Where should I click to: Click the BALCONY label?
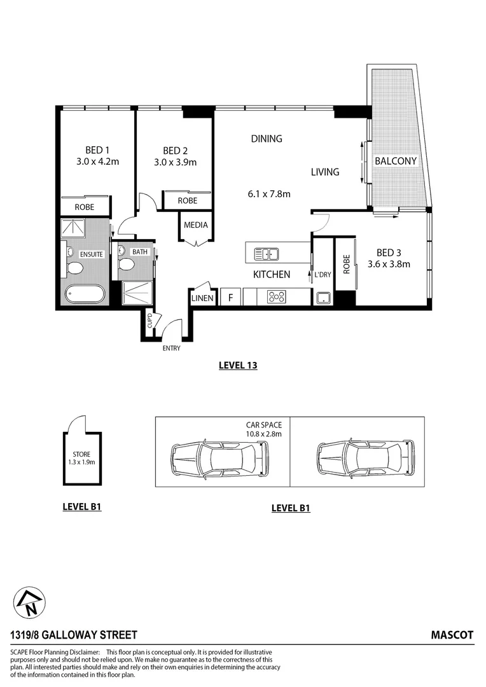(x=395, y=162)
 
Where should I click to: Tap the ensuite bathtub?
(x=84, y=295)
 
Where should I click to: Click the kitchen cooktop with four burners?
(x=277, y=296)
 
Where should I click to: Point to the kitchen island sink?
(x=267, y=254)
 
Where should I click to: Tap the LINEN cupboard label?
(x=203, y=298)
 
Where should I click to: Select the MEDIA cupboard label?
(x=195, y=225)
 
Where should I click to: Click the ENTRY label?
(x=171, y=348)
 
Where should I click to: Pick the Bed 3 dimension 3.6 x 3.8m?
(x=389, y=264)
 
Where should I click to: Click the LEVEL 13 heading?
(x=237, y=366)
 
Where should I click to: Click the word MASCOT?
(x=452, y=635)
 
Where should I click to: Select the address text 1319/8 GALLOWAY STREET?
(x=74, y=635)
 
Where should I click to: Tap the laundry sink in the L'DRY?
(x=323, y=297)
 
